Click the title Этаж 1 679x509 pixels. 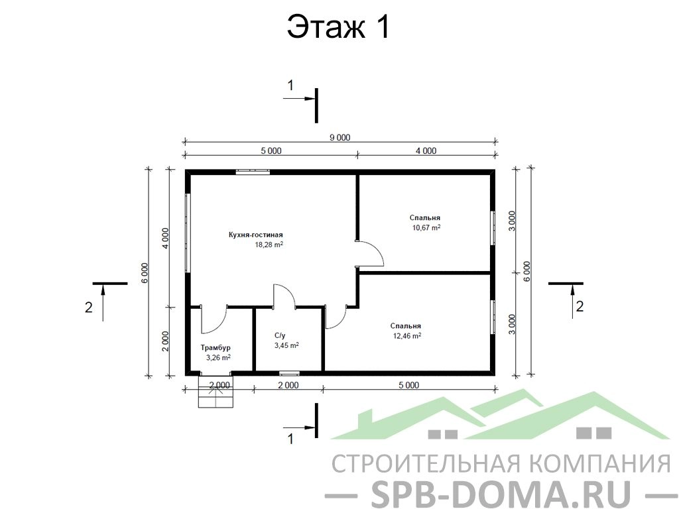pos(339,27)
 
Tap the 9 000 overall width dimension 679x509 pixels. pos(340,138)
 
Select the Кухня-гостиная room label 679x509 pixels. pos(255,235)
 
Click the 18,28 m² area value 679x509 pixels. pos(269,245)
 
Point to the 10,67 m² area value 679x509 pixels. pos(426,227)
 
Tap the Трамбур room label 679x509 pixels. pos(216,347)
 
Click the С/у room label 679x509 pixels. pos(280,335)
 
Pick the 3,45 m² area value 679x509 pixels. pos(286,345)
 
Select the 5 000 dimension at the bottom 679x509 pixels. pos(408,385)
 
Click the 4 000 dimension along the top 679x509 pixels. pos(426,150)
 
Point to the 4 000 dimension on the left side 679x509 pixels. pos(165,238)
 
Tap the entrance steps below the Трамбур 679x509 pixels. pos(216,391)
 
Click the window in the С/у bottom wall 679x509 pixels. pos(289,372)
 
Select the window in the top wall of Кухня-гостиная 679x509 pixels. pos(253,172)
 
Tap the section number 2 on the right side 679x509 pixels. pos(580,306)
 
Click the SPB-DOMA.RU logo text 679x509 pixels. pos(501,492)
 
